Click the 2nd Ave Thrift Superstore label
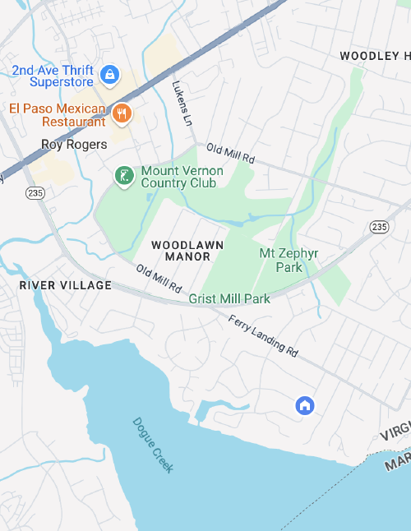click(53, 76)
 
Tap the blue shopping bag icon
click(109, 76)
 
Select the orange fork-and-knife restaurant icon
click(122, 113)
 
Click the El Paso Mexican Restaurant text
click(58, 115)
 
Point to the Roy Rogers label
click(74, 145)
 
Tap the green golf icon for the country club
click(123, 176)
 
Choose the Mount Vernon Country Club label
click(178, 177)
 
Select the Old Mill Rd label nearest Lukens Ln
click(231, 153)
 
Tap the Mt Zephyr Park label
click(289, 260)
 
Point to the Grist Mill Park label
click(229, 298)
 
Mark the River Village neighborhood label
click(66, 285)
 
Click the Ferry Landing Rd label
click(263, 335)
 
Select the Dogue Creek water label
click(153, 445)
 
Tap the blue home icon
click(305, 404)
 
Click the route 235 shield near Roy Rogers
click(35, 192)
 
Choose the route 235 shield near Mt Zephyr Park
click(379, 226)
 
